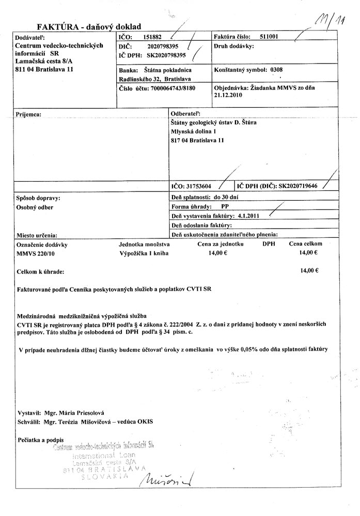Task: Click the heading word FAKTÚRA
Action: pos(57,26)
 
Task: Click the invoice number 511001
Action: pos(271,37)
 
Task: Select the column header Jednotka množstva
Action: pos(144,244)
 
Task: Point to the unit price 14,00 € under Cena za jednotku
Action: pos(218,253)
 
